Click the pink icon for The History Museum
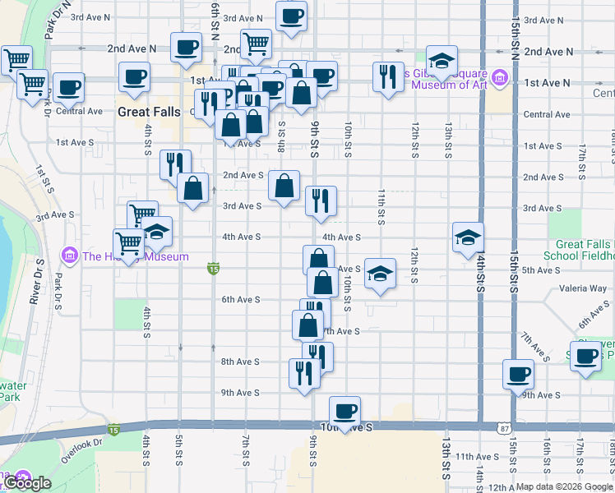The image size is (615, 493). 71,256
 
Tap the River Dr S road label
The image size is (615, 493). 37,283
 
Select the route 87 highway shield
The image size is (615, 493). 504,428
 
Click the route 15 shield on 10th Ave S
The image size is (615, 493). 113,429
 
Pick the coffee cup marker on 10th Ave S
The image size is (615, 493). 344,410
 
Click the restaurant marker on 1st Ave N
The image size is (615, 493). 385,76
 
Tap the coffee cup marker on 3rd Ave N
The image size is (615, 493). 291,16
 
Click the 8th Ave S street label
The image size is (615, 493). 242,362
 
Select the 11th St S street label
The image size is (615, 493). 381,205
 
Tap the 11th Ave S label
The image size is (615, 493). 478,456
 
